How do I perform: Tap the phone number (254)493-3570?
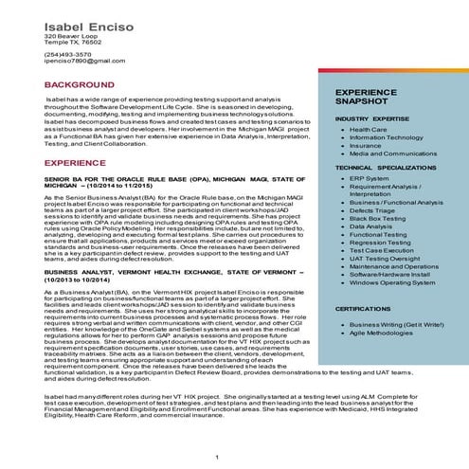(68, 54)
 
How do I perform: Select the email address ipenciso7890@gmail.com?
(84, 61)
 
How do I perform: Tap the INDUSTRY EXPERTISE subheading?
(370, 118)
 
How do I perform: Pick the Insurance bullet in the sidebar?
(366, 145)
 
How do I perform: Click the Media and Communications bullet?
(393, 153)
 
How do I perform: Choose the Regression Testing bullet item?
(382, 242)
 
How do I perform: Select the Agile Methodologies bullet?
(387, 334)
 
